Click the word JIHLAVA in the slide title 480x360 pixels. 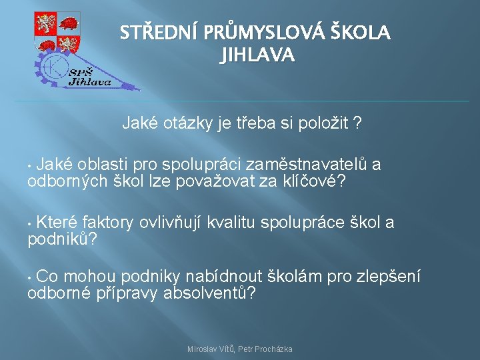coord(257,55)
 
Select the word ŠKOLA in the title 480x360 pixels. coord(360,33)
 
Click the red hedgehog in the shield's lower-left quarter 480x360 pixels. coord(45,44)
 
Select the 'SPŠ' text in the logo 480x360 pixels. coord(81,73)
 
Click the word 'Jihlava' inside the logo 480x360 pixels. coord(90,82)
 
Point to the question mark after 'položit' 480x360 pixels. coord(359,123)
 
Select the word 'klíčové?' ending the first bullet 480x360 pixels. coord(313,182)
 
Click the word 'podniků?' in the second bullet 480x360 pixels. coord(62,239)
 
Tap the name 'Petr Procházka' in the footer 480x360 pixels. coord(267,349)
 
